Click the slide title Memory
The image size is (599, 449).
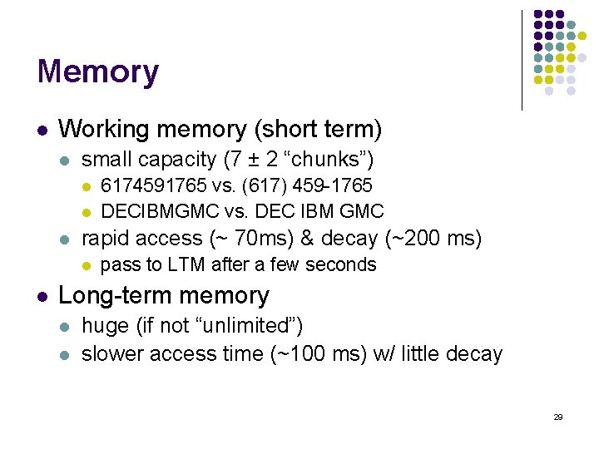[x=97, y=72]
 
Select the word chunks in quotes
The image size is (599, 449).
[x=330, y=159]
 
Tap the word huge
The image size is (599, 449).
[x=105, y=325]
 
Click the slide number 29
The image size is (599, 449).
[x=558, y=417]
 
